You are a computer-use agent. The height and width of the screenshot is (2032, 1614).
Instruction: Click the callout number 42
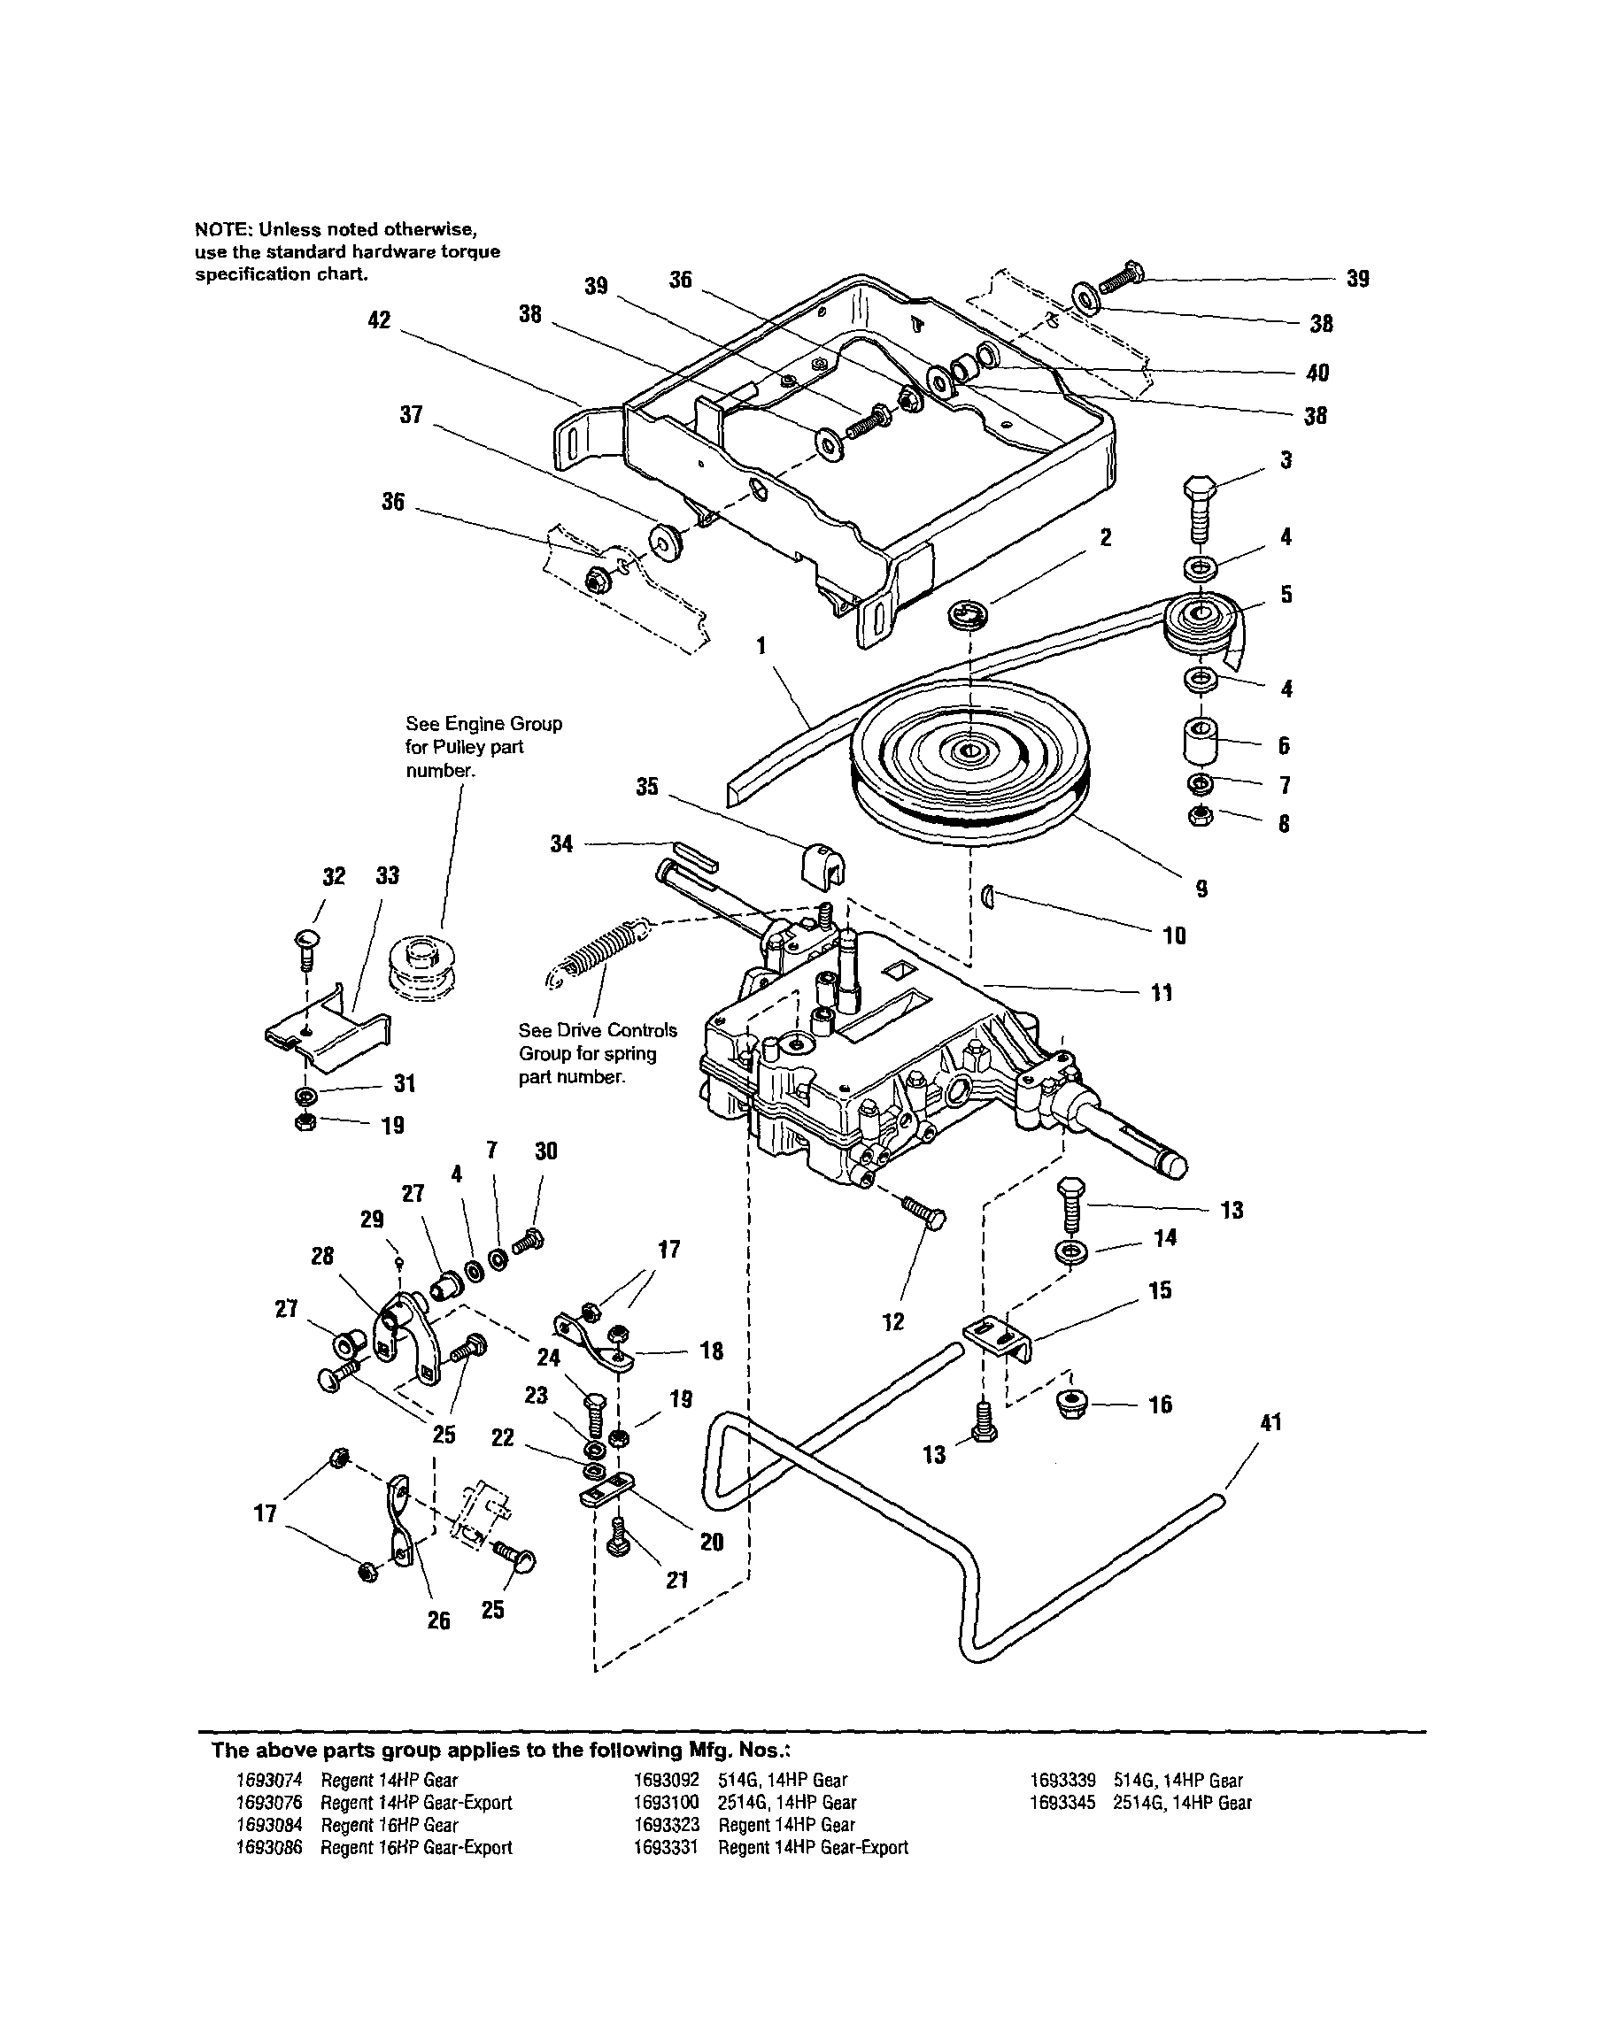click(378, 320)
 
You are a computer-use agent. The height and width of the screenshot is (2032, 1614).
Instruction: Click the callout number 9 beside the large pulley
click(1201, 888)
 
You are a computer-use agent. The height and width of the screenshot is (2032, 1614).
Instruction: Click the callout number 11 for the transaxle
click(1162, 992)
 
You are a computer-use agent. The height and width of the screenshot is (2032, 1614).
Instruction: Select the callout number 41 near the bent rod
click(1270, 1422)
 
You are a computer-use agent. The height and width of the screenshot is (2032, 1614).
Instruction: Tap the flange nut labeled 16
click(1073, 1406)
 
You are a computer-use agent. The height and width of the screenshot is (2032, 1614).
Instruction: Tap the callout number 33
click(388, 875)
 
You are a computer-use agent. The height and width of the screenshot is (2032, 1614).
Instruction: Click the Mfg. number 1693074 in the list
click(268, 1781)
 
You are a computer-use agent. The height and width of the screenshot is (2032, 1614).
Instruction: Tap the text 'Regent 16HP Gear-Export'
click(416, 1847)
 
